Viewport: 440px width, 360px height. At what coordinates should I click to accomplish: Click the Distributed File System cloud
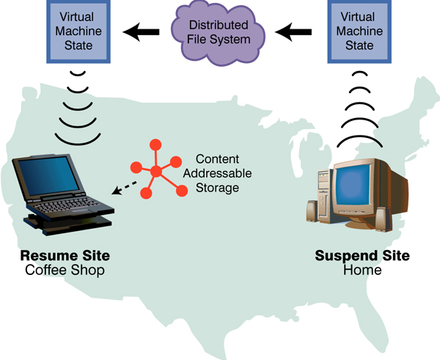(219, 32)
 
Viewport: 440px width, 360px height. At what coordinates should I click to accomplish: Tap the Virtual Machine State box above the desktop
(357, 32)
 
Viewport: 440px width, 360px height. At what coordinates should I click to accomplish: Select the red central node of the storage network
(156, 172)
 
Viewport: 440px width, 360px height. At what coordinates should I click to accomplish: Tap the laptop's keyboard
(70, 206)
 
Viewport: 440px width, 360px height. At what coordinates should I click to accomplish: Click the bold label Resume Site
(65, 256)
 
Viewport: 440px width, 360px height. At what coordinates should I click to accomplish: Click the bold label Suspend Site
(362, 256)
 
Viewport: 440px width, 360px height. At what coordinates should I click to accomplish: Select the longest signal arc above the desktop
(357, 140)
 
